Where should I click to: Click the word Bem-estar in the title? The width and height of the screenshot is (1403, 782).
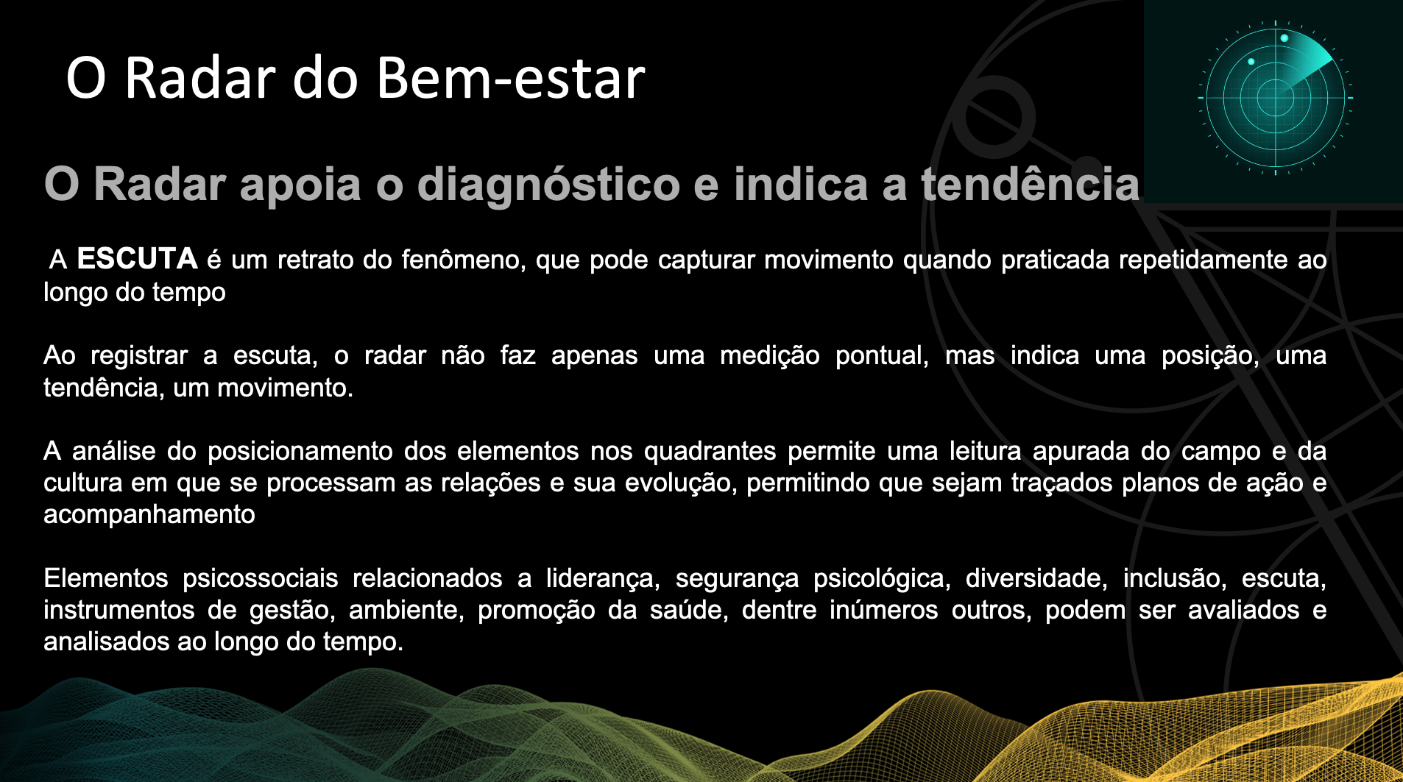coord(511,78)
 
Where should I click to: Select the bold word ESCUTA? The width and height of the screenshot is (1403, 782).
coord(137,259)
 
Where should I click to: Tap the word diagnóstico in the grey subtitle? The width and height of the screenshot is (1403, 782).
coord(548,184)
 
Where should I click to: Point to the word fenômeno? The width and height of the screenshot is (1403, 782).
coord(464,260)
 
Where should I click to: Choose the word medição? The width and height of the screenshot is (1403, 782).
coord(769,356)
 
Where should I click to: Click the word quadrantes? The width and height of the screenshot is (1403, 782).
coord(710,451)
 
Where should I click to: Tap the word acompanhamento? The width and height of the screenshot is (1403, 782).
coord(149,515)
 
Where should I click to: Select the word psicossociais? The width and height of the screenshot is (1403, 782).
coord(261,578)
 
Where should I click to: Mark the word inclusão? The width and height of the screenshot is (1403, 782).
coord(1175,578)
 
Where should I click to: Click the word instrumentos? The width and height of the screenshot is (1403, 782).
coord(119,610)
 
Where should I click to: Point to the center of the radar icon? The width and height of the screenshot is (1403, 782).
coord(1276,97)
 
